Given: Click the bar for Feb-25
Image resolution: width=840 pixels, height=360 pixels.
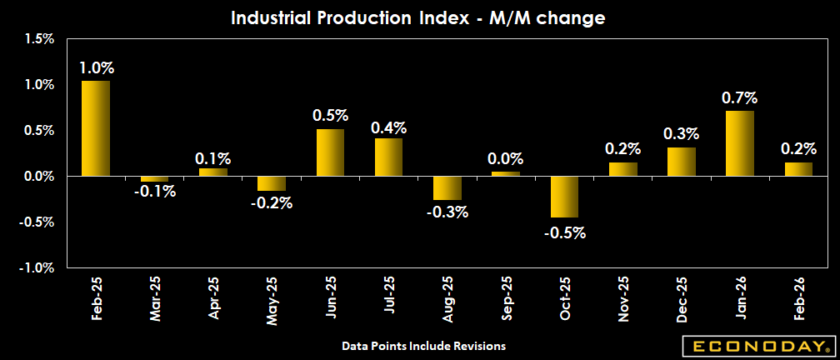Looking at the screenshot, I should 95,128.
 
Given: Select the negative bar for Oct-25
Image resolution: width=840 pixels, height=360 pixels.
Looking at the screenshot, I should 564,197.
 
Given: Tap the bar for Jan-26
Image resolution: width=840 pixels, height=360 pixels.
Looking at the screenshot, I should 740,143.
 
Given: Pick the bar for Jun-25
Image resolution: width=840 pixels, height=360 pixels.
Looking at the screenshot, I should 330,152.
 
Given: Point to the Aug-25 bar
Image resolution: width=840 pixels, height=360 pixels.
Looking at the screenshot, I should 447,188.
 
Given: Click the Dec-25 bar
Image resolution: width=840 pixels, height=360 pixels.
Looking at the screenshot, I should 682,162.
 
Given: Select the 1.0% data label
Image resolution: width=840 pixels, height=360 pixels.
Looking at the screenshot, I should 96,67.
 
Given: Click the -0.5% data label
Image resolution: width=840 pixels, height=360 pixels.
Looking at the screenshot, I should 565,232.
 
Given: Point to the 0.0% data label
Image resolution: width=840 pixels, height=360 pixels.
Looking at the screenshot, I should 506,158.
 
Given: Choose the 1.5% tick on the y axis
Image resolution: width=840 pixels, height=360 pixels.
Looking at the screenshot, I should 39,38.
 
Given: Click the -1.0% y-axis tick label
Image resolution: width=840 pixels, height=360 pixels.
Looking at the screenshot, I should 37,268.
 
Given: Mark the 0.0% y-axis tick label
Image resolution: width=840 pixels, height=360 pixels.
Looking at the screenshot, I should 39,177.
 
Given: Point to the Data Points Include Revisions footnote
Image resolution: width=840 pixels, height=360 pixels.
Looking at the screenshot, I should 423,345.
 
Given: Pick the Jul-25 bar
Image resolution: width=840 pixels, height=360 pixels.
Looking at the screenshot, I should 388,157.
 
